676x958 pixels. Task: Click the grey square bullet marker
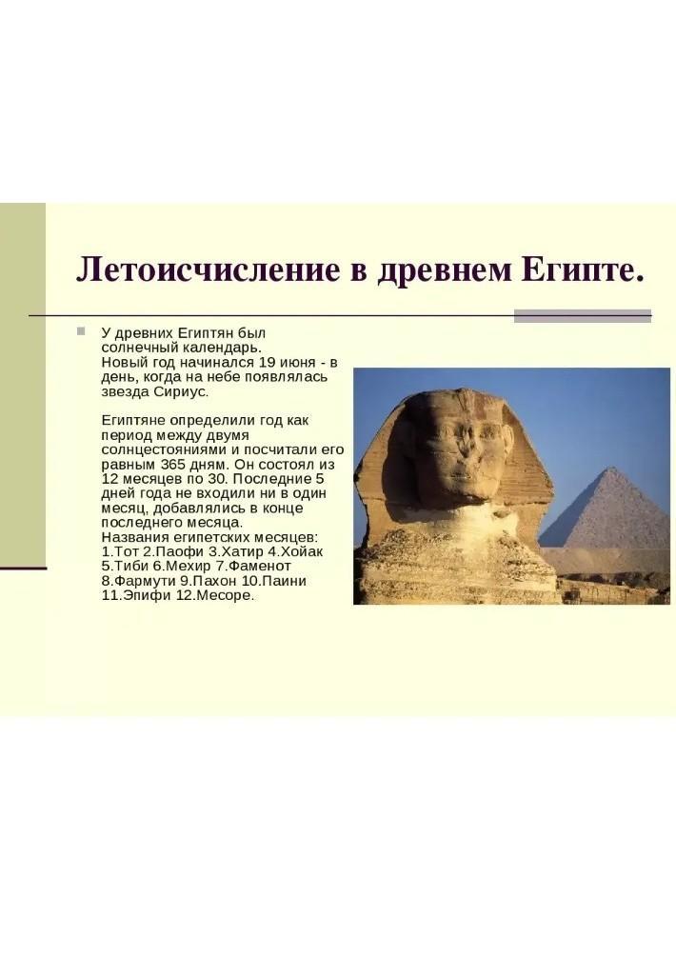[x=81, y=331]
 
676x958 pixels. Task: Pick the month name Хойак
[x=302, y=551]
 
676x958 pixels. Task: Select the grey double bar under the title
[x=583, y=316]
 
